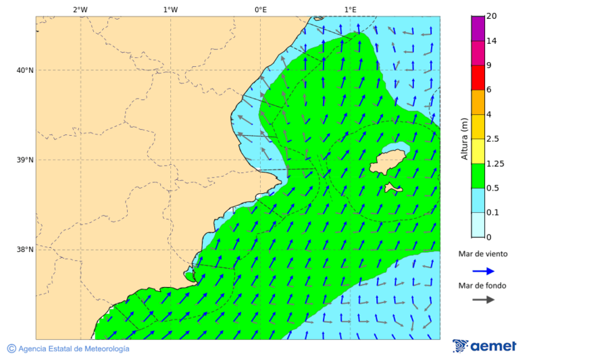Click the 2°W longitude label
coord(80,9)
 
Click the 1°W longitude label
coord(170,9)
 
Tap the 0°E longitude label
coord(260,9)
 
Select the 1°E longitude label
coord(350,9)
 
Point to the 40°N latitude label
coord(24,70)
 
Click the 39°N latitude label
coord(24,160)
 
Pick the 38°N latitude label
coord(24,250)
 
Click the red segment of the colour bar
coord(478,78)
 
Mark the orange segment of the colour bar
coord(478,102)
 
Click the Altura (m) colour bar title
coord(464,139)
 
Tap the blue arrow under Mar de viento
coord(483,271)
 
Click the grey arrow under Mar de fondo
coord(483,300)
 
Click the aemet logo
coord(484,346)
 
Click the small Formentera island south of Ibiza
coord(393,188)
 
